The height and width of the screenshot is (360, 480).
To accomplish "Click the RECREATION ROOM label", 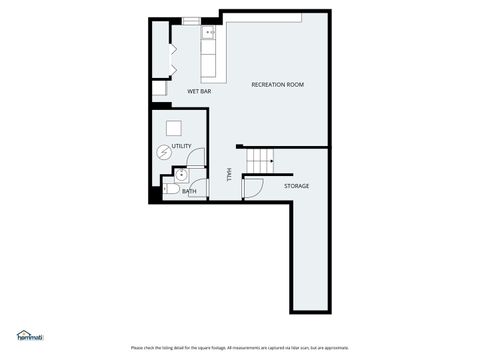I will coord(277,85).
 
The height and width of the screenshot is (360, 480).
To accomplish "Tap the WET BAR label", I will coord(199,92).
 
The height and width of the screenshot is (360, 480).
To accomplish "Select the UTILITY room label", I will coord(181,147).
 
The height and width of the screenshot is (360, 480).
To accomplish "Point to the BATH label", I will coord(189,191).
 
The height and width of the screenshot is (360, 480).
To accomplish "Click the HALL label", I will coord(229,174).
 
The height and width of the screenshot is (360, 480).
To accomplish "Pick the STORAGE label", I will coord(296,186).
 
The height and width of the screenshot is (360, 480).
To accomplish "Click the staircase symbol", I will coord(260,158).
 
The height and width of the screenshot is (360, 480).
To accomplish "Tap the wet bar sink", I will coord(210,34).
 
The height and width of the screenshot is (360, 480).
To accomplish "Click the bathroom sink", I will coord(180,175).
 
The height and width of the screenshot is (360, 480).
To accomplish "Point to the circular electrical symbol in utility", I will coord(164,152).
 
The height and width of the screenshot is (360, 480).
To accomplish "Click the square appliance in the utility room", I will coord(175,128).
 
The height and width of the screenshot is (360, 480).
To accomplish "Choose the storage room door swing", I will coord(251,187).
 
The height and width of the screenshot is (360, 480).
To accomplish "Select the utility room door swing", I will coord(197,158).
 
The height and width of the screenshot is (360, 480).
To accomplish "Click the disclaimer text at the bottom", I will coord(239,348).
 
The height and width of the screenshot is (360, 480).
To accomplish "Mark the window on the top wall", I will coord(192,19).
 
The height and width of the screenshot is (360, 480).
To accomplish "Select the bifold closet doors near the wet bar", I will coord(173,56).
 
